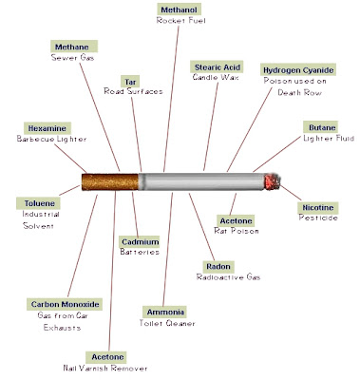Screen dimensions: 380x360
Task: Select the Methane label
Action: click(74, 45)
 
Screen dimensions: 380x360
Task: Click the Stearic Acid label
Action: click(218, 66)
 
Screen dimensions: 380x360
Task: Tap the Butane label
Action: click(320, 126)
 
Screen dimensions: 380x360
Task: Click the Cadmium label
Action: click(139, 243)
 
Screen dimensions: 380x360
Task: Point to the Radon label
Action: click(218, 267)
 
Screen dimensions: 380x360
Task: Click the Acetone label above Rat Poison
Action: click(236, 221)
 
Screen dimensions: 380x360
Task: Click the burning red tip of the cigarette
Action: click(270, 180)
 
